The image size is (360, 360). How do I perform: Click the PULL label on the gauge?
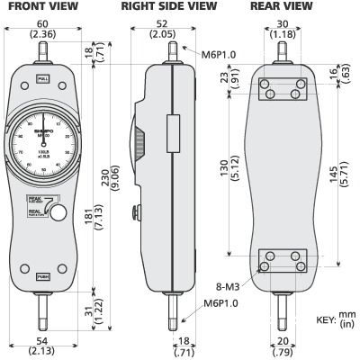coord(42,81)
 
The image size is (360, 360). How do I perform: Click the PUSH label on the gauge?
coord(42,276)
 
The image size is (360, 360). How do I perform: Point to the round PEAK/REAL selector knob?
coord(58,212)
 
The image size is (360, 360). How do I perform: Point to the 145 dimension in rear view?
coord(337,171)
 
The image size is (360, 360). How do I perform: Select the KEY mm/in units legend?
coord(333,320)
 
